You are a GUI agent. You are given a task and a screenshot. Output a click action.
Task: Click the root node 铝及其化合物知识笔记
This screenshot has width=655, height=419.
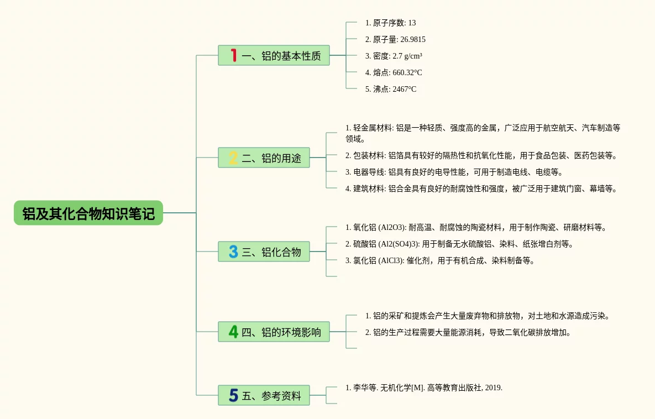[88, 213]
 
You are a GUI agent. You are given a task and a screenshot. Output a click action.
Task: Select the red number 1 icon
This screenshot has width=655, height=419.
[233, 55]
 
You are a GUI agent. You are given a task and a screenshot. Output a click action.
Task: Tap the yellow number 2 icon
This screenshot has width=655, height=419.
[233, 158]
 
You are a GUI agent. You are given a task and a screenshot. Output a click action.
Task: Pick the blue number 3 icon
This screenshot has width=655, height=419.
[233, 252]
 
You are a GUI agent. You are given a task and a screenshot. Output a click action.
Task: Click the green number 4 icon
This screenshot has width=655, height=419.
[233, 332]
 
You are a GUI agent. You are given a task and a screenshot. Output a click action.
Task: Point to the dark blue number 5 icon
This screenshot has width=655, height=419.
[233, 395]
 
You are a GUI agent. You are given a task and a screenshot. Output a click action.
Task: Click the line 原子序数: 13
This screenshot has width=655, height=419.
[390, 23]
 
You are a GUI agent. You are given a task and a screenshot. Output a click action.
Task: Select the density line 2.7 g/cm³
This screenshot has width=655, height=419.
[394, 56]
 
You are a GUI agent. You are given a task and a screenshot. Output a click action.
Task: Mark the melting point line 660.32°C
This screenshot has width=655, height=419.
[394, 72]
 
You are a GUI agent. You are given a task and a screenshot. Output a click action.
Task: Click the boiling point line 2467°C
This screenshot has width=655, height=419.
[391, 89]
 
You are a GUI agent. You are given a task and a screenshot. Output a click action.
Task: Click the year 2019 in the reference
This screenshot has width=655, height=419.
[493, 387]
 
